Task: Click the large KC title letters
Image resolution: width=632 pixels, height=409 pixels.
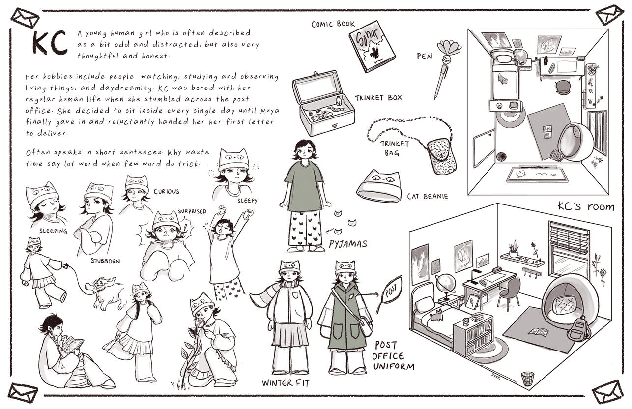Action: click(x=50, y=43)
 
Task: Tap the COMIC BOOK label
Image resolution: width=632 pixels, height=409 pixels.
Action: click(x=333, y=24)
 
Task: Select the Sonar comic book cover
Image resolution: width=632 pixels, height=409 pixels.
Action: click(x=372, y=46)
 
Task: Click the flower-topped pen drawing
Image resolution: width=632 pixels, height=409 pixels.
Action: click(x=446, y=68)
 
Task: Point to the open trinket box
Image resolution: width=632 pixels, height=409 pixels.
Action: click(x=323, y=103)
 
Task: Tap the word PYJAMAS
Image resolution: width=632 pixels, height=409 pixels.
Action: click(x=347, y=244)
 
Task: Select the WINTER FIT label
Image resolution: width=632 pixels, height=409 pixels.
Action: click(x=286, y=383)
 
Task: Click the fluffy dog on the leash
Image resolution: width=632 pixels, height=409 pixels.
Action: click(x=106, y=292)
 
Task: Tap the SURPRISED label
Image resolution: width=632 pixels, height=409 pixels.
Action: click(x=192, y=211)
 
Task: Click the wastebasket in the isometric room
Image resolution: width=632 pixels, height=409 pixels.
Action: click(x=527, y=379)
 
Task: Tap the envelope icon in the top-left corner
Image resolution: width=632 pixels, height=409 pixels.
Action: click(x=25, y=18)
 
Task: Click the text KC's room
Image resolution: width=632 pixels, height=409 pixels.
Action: click(x=586, y=207)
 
